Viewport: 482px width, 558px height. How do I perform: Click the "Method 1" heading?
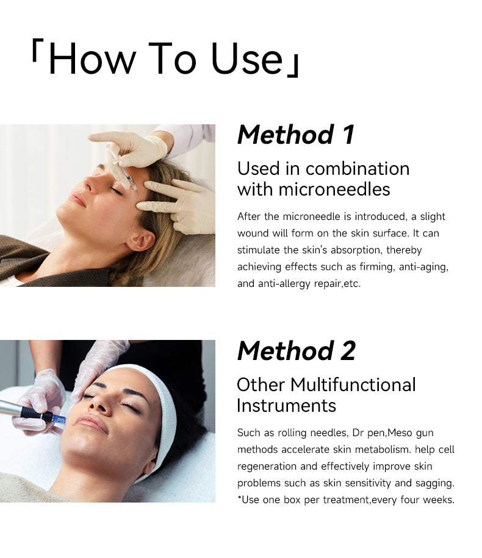pos(295,135)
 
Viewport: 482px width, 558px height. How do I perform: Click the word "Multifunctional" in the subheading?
pos(353,385)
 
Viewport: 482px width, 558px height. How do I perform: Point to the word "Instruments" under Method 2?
pos(286,406)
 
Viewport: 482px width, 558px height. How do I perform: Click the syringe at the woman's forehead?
pos(121,167)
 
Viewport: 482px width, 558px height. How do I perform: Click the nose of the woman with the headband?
pos(97,406)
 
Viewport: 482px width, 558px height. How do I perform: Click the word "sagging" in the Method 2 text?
pos(434,483)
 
